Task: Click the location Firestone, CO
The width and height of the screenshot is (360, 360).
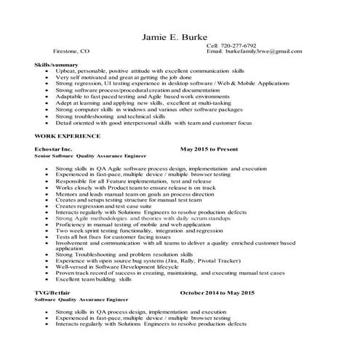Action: (72, 52)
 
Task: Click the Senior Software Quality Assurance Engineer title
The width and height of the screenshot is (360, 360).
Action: (90, 156)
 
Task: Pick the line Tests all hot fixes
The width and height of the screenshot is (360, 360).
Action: (109, 236)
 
